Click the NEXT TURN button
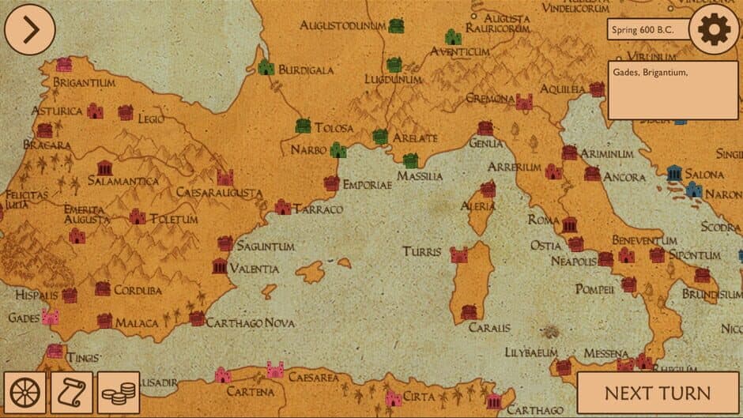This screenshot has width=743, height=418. click(x=657, y=393)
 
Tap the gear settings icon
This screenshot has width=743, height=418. click(x=714, y=30)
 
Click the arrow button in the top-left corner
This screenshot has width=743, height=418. click(x=29, y=30)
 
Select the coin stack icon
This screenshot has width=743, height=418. click(x=119, y=393)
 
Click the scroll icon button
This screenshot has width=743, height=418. click(x=72, y=393)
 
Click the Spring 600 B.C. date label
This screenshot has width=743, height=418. click(x=647, y=30)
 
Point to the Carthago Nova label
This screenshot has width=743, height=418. click(x=251, y=323)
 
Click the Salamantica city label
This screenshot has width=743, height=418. click(x=123, y=181)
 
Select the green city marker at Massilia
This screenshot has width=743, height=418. click(x=410, y=161)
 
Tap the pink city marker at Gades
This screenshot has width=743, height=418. click(x=50, y=317)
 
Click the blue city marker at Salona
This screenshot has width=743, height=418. click(x=674, y=173)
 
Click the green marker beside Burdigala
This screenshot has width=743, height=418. click(x=266, y=68)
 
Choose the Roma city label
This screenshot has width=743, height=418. click(x=543, y=220)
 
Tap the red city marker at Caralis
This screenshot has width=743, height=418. click(x=470, y=311)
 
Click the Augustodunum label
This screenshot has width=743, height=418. click(x=342, y=26)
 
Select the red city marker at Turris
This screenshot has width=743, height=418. click(x=458, y=254)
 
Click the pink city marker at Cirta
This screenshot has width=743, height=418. click(x=393, y=399)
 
